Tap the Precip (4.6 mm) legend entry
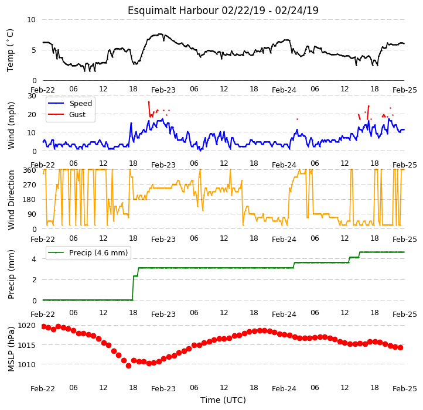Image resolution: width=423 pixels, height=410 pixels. pos(88,253)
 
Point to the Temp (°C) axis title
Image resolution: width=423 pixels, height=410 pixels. pos(10,50)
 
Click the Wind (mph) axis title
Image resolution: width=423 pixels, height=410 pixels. pos(11,125)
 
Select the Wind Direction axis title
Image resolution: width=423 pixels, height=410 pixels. pos(11,200)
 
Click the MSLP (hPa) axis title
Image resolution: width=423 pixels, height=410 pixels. pos(11,349)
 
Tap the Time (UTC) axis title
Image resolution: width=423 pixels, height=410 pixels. pos(223,399)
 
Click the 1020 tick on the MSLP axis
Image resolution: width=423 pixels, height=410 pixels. pos(26,326)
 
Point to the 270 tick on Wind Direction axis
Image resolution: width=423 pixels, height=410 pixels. pos(30,185)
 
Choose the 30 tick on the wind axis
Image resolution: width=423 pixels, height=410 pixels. pos(32,96)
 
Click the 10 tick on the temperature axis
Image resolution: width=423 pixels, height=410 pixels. pos(31,20)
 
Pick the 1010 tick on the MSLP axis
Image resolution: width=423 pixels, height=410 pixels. pos(26,364)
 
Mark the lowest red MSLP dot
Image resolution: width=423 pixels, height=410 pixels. pos(128,365)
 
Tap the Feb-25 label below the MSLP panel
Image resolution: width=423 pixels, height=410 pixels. pos(405,389)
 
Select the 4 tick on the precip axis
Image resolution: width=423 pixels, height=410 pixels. pos(34,259)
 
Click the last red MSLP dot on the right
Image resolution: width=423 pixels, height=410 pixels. pos(400,348)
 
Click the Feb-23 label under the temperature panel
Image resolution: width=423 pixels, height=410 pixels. pos(163,90)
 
